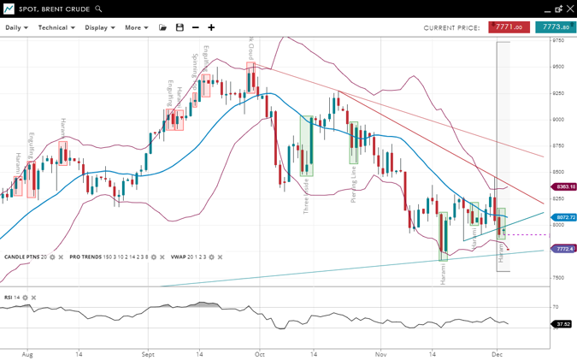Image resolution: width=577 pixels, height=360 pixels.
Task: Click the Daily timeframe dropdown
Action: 16,27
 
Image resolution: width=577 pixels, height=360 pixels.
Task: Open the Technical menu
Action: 56,27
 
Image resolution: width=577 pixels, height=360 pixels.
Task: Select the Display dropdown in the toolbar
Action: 99,27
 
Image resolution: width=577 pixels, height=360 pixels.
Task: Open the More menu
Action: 136,27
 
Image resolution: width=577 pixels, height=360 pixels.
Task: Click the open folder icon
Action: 163,27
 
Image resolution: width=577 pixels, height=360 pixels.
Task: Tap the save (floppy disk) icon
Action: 180,27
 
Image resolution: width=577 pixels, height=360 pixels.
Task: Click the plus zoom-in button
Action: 211,27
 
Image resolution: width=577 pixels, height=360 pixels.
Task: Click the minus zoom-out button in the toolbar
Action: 196,27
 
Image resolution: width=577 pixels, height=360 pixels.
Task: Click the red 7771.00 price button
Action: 509,27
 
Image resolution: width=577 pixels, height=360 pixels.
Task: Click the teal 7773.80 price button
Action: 555,27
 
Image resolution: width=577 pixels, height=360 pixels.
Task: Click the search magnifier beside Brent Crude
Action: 99,9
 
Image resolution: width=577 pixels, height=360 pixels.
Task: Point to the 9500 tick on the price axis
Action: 557,67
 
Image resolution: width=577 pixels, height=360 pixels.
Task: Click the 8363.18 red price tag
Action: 565,186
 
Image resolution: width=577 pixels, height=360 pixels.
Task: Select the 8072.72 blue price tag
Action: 565,218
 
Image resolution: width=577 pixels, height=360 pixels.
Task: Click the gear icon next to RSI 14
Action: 26,298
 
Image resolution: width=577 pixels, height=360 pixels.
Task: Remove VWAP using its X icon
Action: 221,257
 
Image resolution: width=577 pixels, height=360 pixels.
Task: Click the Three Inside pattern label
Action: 307,195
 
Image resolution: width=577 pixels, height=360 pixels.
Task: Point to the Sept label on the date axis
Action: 148,353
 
